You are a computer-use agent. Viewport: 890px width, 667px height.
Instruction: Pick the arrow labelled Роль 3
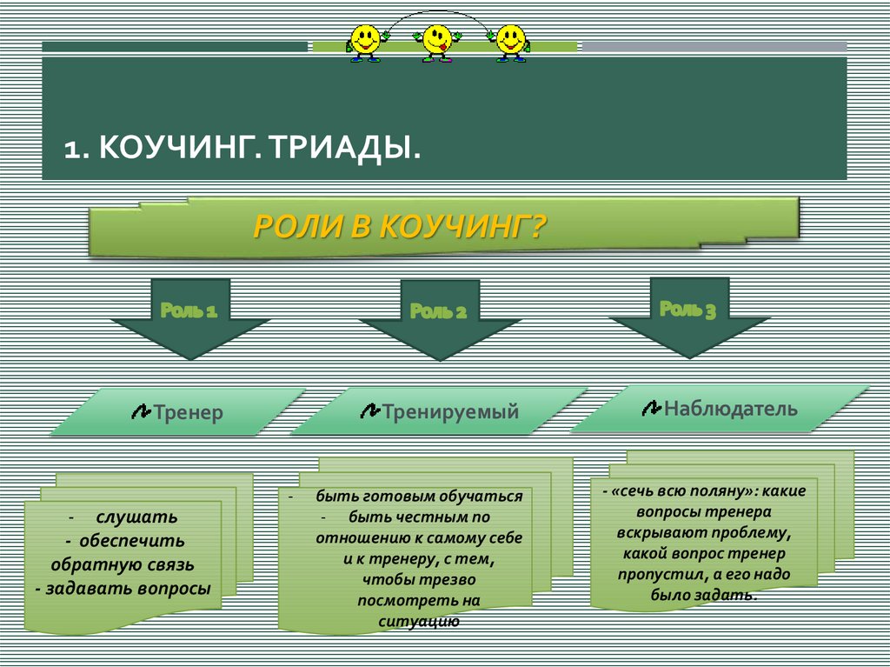click(x=688, y=317)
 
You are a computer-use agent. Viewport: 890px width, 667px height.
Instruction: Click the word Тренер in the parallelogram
click(x=189, y=412)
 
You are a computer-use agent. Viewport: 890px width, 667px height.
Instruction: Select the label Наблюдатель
click(x=730, y=408)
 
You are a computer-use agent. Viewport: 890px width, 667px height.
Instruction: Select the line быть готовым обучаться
click(x=419, y=497)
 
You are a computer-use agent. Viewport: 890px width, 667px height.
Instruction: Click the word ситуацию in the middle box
click(x=418, y=621)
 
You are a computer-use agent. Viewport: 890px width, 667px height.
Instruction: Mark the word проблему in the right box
click(x=749, y=532)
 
